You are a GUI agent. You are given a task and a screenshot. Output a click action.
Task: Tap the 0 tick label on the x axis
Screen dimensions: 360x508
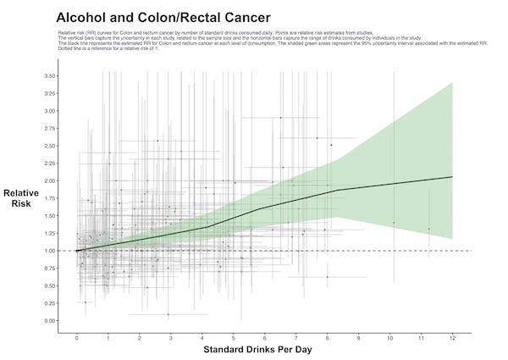tap(77, 337)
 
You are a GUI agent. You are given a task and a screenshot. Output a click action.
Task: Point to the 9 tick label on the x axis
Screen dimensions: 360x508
tap(359, 337)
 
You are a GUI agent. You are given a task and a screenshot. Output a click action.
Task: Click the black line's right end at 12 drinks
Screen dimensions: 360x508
tap(452, 177)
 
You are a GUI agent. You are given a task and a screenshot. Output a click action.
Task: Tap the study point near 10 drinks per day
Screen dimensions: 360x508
tap(394, 222)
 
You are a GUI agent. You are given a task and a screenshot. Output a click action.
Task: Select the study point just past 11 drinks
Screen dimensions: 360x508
tap(428, 229)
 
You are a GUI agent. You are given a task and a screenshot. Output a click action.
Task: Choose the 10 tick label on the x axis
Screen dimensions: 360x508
tap(389, 337)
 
